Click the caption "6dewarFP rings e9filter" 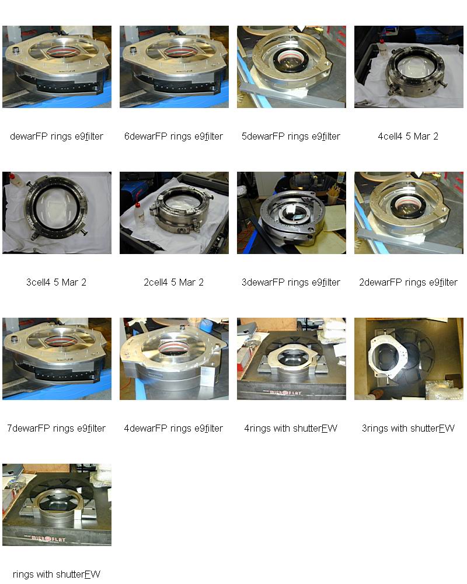[x=173, y=136]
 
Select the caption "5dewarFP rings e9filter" [x=291, y=136]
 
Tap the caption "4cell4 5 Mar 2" [x=408, y=136]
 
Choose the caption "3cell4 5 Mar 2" [x=56, y=282]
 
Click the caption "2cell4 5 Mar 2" [x=173, y=282]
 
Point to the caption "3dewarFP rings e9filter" [x=291, y=282]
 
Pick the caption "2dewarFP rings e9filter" [x=408, y=282]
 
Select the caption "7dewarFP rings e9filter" [x=56, y=428]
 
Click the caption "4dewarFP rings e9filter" [x=173, y=428]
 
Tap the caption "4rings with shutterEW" [x=291, y=428]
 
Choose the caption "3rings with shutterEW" [x=408, y=428]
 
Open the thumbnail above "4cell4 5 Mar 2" [x=409, y=67]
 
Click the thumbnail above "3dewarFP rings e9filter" [x=292, y=213]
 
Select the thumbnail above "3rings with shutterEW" [x=409, y=359]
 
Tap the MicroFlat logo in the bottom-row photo [x=48, y=538]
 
